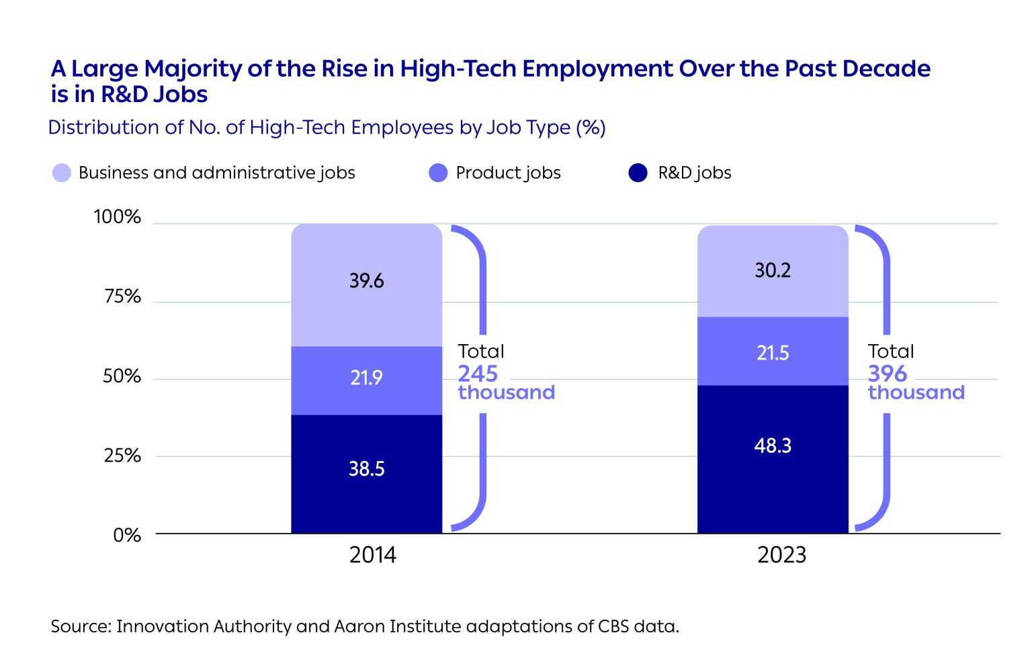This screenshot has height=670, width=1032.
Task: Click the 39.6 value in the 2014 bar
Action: (x=366, y=281)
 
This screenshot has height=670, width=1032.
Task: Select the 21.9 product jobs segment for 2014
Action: (x=366, y=378)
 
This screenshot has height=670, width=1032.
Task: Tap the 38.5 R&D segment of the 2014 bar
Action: (x=366, y=469)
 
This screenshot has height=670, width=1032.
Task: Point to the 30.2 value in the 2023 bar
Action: (x=773, y=271)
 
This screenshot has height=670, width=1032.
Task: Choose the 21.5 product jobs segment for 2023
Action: (x=773, y=353)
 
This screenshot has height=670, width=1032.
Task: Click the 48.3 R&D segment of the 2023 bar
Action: (x=773, y=446)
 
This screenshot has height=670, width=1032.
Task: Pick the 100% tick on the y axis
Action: (x=118, y=217)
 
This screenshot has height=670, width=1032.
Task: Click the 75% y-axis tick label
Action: (x=122, y=296)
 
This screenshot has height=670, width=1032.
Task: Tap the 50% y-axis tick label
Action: (x=122, y=376)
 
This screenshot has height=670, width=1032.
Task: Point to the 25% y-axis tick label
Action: (x=122, y=456)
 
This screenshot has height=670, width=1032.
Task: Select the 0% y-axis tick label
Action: (x=127, y=536)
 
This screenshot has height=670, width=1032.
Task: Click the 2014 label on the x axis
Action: (x=373, y=555)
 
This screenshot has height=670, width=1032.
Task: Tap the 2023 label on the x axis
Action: (x=781, y=555)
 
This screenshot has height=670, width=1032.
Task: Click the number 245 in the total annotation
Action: (x=478, y=374)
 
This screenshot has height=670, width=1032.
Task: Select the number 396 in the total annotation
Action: (x=887, y=374)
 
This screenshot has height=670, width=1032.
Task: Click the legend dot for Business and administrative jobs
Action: (x=62, y=173)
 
